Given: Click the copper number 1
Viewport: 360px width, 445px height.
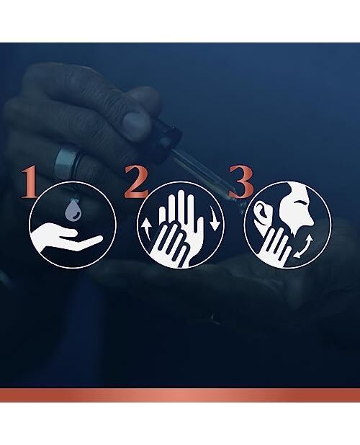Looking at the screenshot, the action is click(x=30, y=182).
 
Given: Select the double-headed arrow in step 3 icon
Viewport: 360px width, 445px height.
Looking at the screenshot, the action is click(x=303, y=246).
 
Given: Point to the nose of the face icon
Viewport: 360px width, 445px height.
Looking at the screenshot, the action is click(x=310, y=220).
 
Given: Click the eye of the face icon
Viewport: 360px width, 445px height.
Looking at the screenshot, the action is click(x=300, y=203).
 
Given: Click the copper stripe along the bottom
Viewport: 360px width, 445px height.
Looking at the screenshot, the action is click(x=180, y=395).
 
